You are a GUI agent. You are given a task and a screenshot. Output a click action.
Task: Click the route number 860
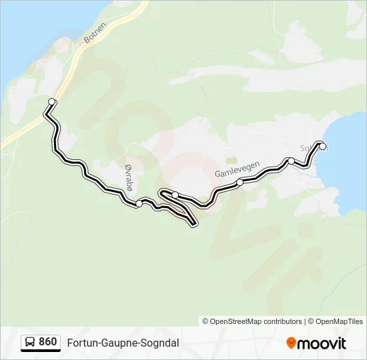[47, 342]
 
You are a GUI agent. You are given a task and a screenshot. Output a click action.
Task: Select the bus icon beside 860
[30, 343]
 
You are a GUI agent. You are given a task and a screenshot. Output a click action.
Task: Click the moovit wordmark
[322, 343]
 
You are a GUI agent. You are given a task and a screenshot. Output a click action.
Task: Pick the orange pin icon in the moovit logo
[291, 343]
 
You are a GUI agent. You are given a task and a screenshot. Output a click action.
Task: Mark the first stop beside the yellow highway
[52, 101]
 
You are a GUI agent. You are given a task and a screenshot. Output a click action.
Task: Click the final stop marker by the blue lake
[323, 147]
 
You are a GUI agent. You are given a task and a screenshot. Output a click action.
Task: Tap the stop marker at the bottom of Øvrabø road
[138, 203]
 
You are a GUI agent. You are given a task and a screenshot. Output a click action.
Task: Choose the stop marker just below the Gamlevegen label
[240, 182]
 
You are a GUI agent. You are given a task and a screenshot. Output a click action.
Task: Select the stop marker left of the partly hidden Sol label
[291, 161]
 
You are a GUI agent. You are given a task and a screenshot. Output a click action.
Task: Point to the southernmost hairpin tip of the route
[194, 225]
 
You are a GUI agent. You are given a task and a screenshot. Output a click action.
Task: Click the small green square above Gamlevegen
[232, 160]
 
